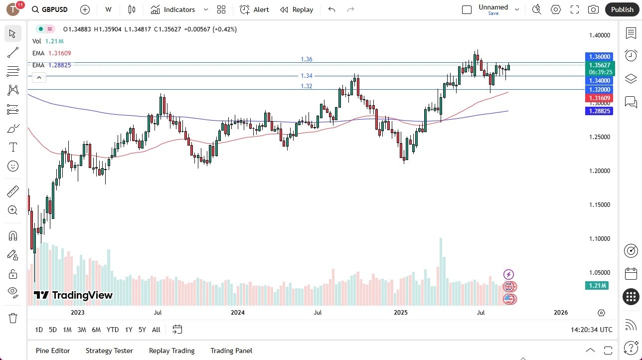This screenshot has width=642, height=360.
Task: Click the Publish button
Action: point(622,9)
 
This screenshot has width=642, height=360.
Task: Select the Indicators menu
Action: point(173,9)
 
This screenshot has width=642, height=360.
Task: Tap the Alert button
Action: point(254,9)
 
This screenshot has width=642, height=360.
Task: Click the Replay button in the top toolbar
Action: point(297,9)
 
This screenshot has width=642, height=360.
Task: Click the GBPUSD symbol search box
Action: point(49,9)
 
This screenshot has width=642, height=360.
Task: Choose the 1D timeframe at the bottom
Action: point(39,330)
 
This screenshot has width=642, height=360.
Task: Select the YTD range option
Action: point(113,330)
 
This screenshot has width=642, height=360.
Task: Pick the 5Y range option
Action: point(142,330)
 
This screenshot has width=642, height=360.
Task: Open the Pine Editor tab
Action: point(53,351)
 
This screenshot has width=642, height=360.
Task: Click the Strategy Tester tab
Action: point(109,351)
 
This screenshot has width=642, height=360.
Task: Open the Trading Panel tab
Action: point(231,351)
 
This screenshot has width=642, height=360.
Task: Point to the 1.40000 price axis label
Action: point(599,35)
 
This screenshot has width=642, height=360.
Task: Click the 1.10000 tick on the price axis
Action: point(599,239)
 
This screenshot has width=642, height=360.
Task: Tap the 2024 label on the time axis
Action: point(238,313)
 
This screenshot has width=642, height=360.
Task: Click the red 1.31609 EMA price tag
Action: point(599,98)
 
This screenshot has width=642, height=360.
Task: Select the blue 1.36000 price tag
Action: point(599,57)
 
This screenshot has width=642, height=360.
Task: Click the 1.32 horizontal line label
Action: point(307,86)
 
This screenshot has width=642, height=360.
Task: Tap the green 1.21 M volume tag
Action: point(597,286)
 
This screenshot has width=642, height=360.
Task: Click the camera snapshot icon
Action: point(593,9)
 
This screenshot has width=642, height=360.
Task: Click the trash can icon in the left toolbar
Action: point(13,318)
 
